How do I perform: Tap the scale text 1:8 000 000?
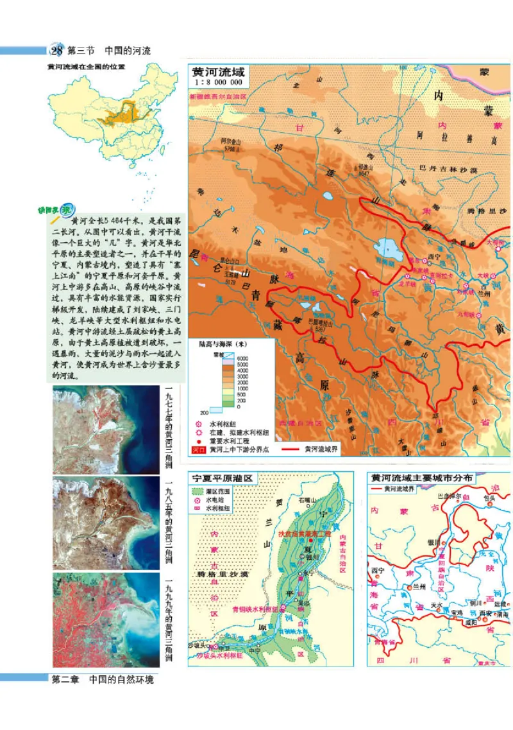218,83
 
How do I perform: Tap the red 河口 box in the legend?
198,450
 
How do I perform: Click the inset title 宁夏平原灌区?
220,478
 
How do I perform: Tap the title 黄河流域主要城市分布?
422,478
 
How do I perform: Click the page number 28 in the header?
56,51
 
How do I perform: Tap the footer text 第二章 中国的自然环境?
103,679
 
